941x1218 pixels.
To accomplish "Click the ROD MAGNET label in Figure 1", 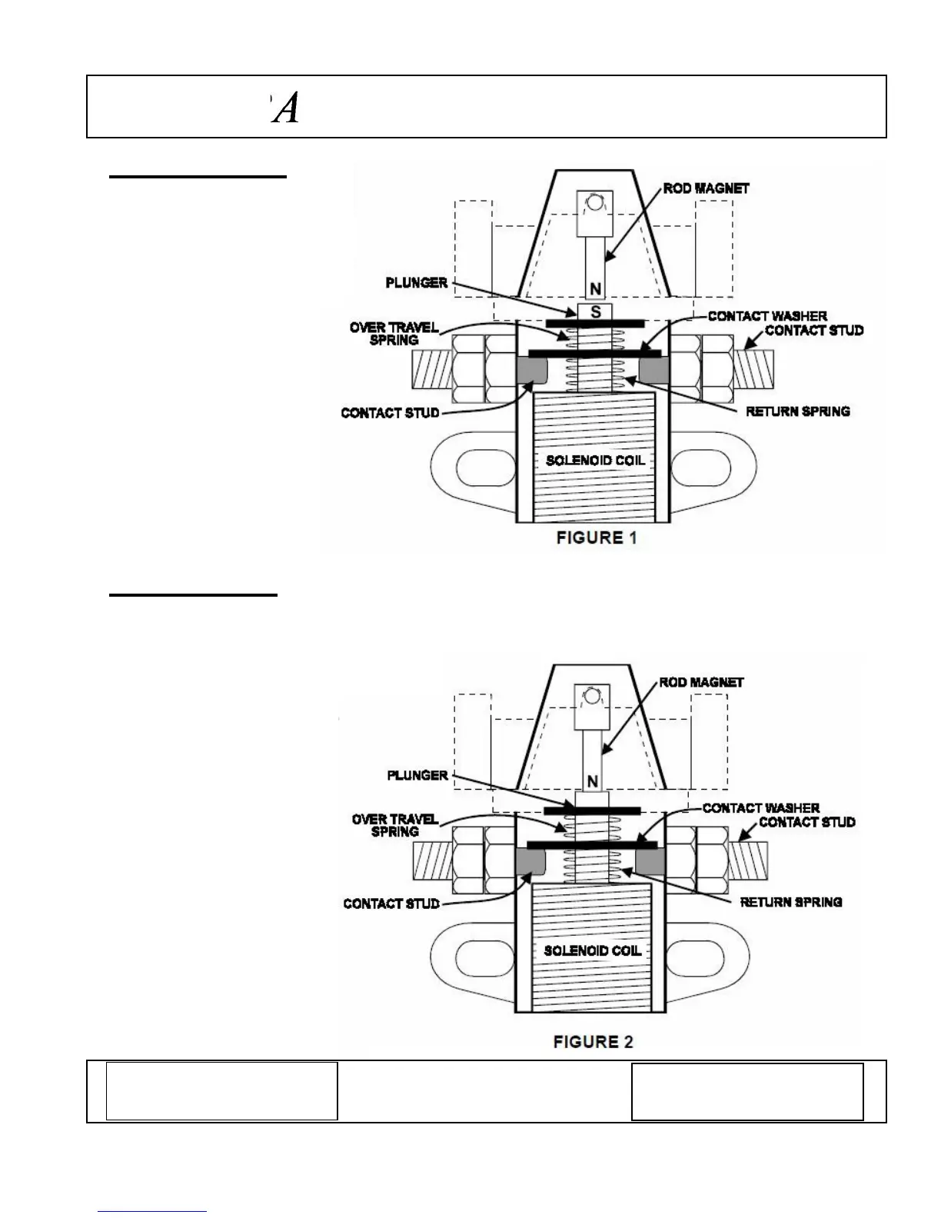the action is click(x=706, y=188).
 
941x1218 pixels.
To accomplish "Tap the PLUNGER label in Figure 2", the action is click(x=417, y=775).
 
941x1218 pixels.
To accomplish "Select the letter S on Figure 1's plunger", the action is click(x=595, y=312).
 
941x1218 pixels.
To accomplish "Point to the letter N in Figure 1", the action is click(x=595, y=290).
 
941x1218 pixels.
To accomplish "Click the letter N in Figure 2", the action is click(x=593, y=782).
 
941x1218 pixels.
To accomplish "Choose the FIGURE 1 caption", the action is click(x=597, y=537).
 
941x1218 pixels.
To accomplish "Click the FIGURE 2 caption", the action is click(x=593, y=1042).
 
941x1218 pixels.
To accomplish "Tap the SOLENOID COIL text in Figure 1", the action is click(x=595, y=461).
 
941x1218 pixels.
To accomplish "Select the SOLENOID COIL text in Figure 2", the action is click(x=592, y=950).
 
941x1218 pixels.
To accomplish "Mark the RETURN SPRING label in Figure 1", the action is click(x=797, y=411).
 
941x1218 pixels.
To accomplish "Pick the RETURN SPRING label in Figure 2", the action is click(x=790, y=902).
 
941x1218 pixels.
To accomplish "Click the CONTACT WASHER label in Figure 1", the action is click(x=766, y=316).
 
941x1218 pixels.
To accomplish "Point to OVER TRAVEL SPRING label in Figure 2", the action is click(x=394, y=825).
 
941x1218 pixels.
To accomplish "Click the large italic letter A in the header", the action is click(x=286, y=108).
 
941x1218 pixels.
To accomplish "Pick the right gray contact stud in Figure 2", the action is click(x=650, y=861).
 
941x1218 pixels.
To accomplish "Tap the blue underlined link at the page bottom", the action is click(x=152, y=1211).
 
